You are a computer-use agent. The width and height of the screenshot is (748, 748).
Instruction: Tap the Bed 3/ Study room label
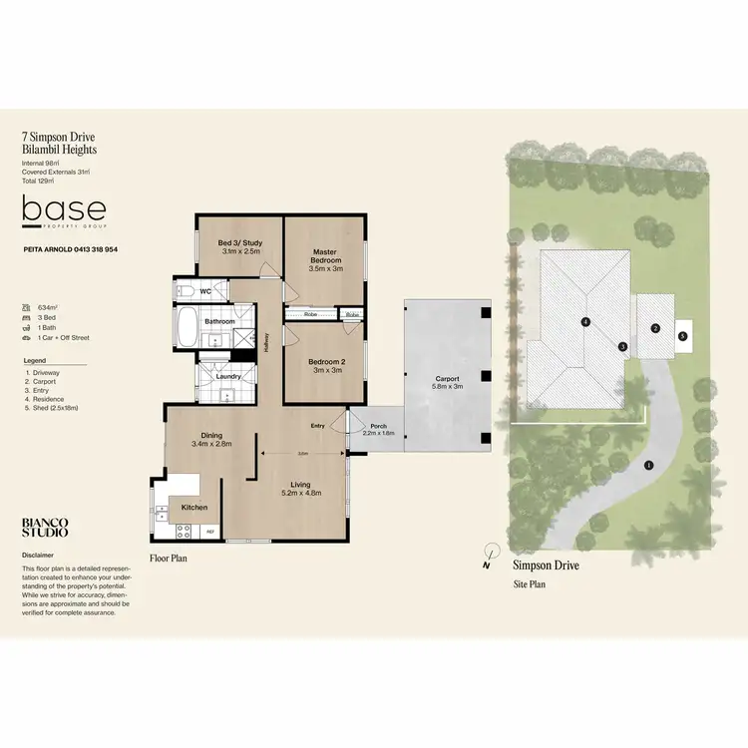point(239,242)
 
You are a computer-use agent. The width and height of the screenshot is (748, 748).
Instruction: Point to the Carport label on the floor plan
point(447,378)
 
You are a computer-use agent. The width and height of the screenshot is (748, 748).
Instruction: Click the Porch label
point(378,426)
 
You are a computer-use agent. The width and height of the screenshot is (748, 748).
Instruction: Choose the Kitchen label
point(194,508)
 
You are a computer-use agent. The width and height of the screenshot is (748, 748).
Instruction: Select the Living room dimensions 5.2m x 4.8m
point(301,492)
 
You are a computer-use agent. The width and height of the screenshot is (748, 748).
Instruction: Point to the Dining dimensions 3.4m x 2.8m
point(211,443)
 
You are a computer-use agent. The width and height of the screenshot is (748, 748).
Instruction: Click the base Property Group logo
point(64,210)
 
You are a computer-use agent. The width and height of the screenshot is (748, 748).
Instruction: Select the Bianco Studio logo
point(45,527)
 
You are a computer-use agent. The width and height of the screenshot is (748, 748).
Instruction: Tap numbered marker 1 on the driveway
point(648,465)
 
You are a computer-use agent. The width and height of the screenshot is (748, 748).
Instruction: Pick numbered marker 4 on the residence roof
point(585,321)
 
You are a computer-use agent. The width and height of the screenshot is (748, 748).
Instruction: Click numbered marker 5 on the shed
point(683,336)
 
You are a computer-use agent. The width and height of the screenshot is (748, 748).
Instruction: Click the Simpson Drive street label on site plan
point(546,565)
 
